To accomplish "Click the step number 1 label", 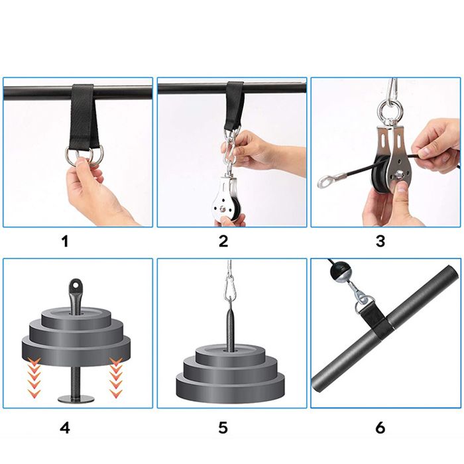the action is (66, 241).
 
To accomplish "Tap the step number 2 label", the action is (223, 241).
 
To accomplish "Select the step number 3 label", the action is (380, 241).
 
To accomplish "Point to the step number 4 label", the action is (65, 428).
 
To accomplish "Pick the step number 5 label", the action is (223, 428).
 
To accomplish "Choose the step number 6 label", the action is (380, 428).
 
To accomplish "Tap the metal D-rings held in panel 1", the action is (84, 154).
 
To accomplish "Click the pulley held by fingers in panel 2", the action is (227, 202).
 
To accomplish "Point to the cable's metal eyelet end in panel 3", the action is (325, 181).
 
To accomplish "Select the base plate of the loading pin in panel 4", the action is (76, 398).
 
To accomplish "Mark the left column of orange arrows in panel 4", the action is (34, 377).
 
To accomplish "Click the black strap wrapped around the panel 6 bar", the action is (376, 323).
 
